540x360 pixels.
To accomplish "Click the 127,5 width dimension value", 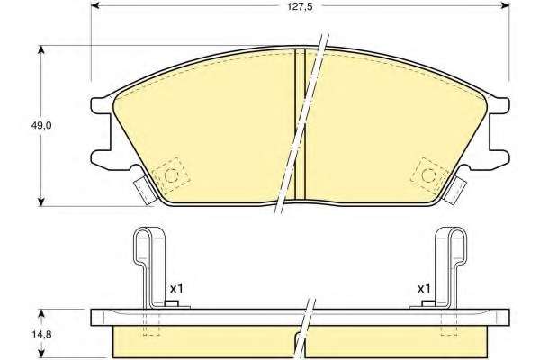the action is [x=300, y=6].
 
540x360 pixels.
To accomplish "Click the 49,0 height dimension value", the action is [x=41, y=126].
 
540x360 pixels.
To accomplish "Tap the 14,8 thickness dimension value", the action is [x=41, y=334].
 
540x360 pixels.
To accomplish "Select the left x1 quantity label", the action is [x=176, y=289].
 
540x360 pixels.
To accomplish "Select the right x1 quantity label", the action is [x=424, y=289].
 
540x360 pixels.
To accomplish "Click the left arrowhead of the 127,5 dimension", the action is [x=94, y=5].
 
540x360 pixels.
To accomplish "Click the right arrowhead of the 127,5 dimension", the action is [x=506, y=5].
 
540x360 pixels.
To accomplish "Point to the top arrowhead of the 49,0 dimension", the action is [x=41, y=49].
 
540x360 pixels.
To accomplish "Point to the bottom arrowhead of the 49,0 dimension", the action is [x=41, y=202].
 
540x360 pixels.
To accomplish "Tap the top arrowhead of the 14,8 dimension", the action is [x=41, y=313].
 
